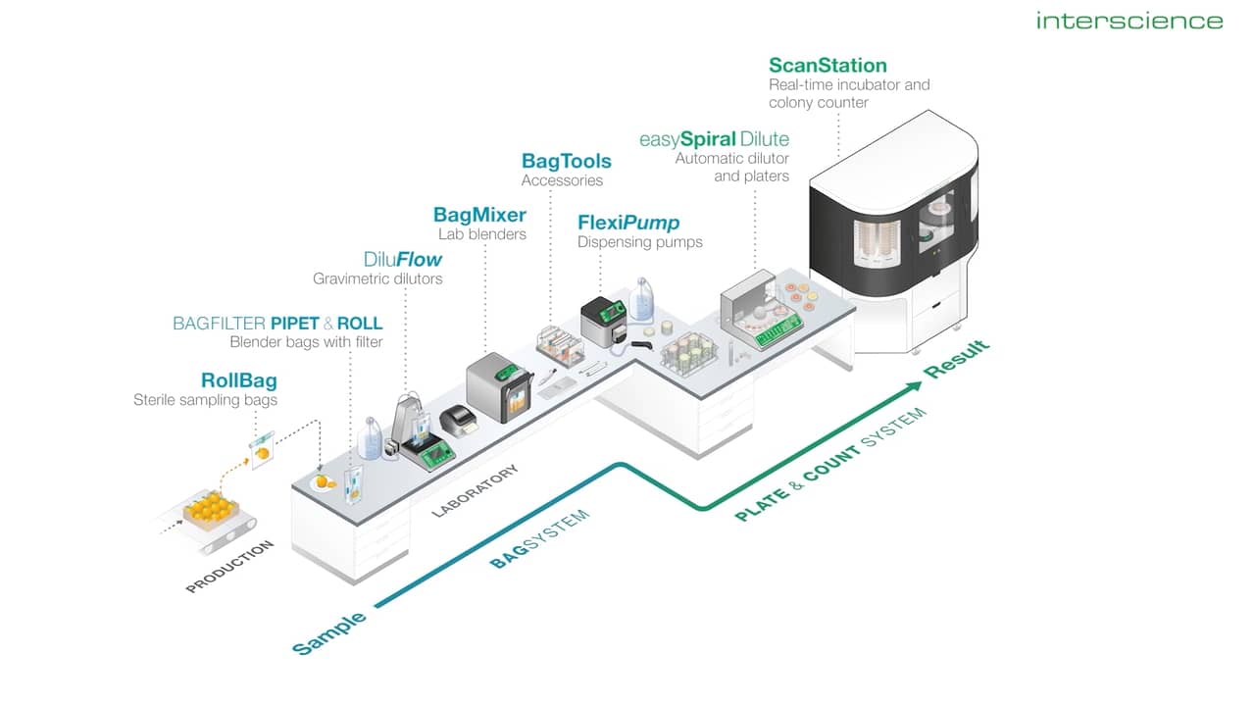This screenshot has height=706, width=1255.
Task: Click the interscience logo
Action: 1129,21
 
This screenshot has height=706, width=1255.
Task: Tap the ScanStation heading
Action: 828,66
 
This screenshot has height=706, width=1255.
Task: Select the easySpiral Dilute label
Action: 714,139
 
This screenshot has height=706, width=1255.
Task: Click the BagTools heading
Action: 566,161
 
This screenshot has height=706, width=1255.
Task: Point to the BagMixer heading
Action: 479,215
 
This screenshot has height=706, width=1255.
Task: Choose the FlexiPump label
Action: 628,223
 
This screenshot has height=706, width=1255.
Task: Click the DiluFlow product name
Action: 402,260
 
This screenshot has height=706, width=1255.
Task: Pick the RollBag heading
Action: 238,380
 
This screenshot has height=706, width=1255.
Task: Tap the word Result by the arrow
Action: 958,360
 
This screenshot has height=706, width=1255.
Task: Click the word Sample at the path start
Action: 329,631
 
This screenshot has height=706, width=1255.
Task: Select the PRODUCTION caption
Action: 229,566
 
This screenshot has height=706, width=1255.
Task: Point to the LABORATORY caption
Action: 476,490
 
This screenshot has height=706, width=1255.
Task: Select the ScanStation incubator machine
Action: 892,235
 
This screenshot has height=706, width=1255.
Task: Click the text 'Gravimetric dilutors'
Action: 377,279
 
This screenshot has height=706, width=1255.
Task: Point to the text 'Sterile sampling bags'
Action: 205,400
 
